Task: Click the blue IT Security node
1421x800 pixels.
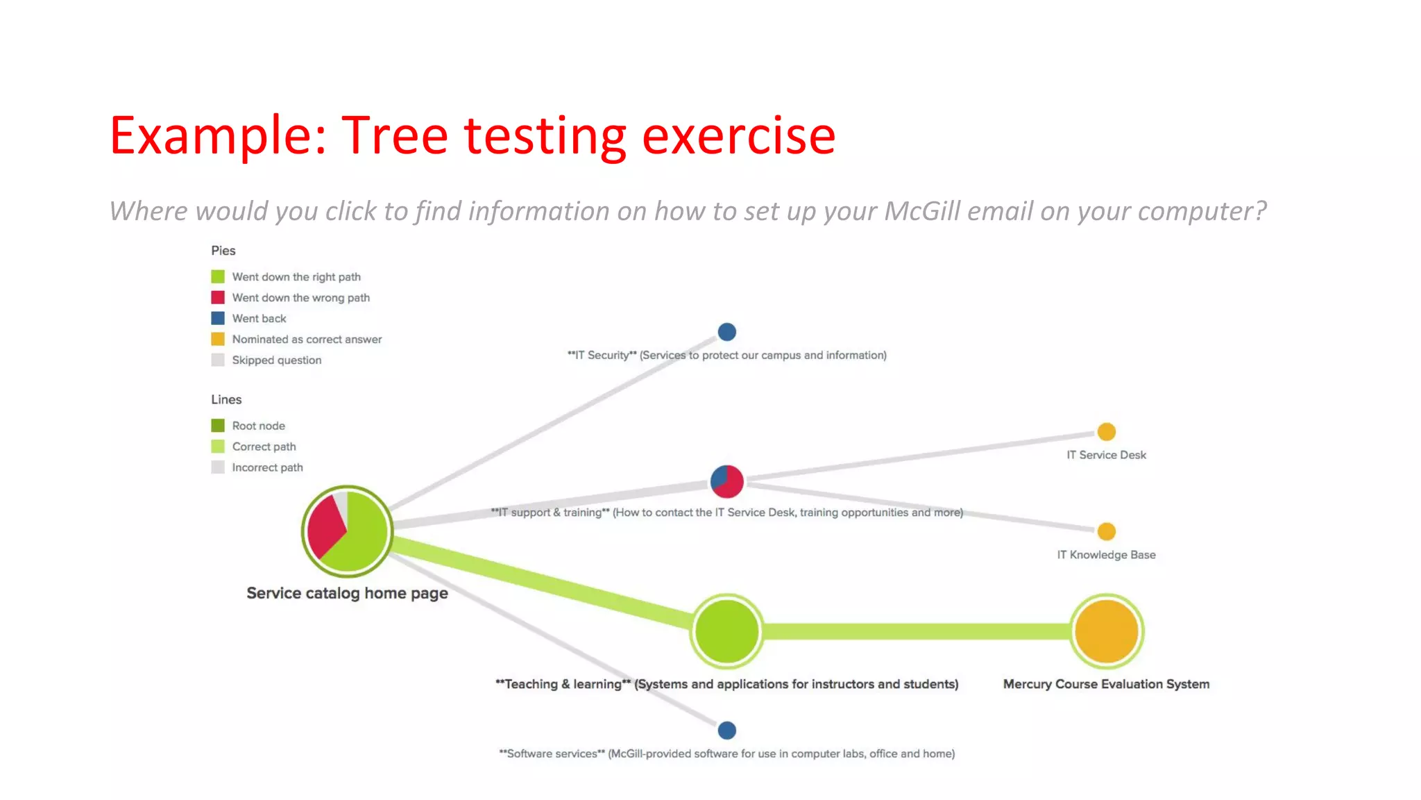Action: pyautogui.click(x=726, y=332)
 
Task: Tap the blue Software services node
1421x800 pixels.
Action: pyautogui.click(x=726, y=730)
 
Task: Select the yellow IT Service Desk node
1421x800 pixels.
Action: pyautogui.click(x=1106, y=432)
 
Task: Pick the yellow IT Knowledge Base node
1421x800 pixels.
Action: pyautogui.click(x=1106, y=531)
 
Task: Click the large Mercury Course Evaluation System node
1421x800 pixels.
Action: pyautogui.click(x=1106, y=631)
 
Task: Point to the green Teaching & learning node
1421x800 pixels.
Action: pyautogui.click(x=726, y=631)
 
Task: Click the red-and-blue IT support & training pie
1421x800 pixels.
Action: pyautogui.click(x=726, y=481)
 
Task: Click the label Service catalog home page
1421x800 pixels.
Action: pyautogui.click(x=347, y=593)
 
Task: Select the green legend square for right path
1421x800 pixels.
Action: pyautogui.click(x=218, y=276)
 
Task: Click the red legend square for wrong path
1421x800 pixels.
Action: pyautogui.click(x=218, y=297)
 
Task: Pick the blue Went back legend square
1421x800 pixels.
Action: pyautogui.click(x=218, y=318)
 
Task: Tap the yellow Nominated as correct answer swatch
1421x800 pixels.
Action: pyautogui.click(x=218, y=339)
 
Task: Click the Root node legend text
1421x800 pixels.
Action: pyautogui.click(x=258, y=426)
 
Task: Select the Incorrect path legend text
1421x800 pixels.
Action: pyautogui.click(x=267, y=467)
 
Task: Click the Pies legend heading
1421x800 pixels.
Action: pyautogui.click(x=223, y=251)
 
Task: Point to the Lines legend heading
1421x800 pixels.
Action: pyautogui.click(x=226, y=399)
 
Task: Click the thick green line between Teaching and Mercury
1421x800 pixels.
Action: pyautogui.click(x=916, y=631)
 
